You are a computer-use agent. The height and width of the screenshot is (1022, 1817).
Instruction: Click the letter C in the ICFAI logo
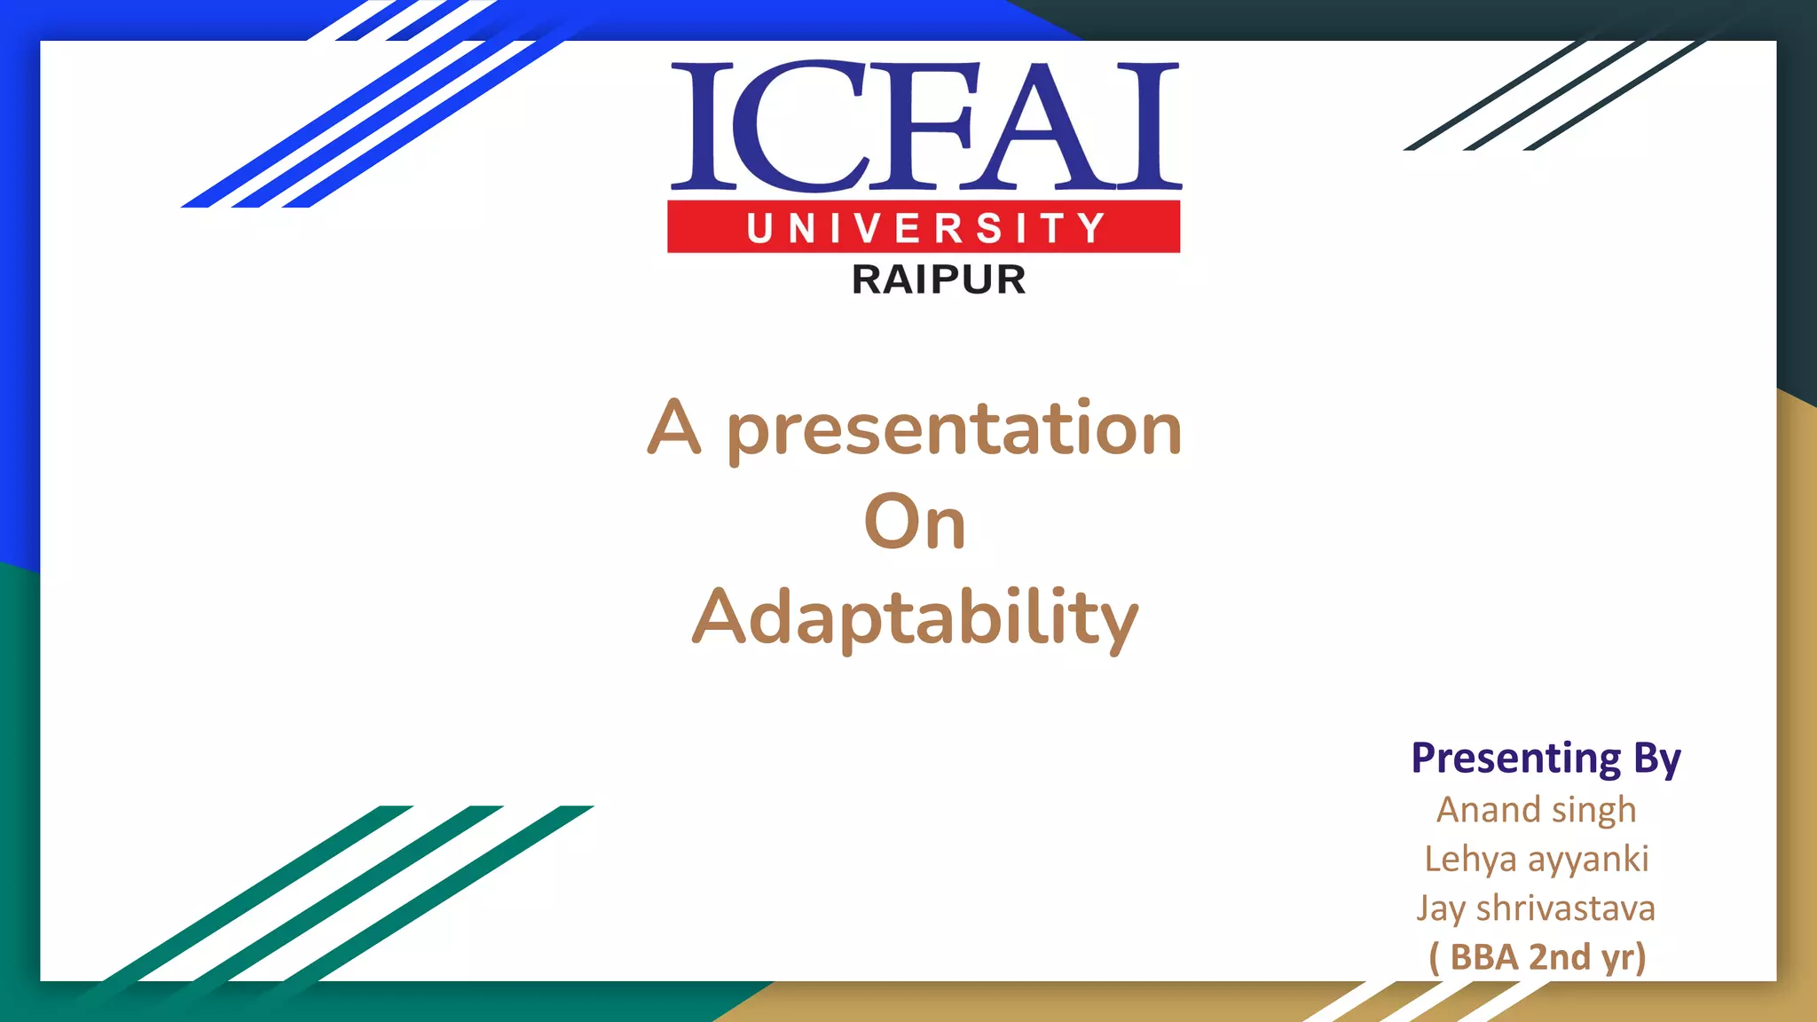pos(798,126)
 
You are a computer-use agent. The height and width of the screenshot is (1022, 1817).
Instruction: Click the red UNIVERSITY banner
pos(924,227)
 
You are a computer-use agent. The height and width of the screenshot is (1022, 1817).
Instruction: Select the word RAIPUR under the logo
pos(939,279)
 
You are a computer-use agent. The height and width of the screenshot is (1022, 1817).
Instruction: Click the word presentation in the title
pos(954,430)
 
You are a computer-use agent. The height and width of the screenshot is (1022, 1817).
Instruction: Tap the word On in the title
pos(914,523)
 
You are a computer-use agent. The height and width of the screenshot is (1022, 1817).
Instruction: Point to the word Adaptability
pos(914,618)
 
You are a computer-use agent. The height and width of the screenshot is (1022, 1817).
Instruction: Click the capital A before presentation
pos(674,428)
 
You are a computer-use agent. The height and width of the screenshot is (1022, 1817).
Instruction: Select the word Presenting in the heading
pos(1515,759)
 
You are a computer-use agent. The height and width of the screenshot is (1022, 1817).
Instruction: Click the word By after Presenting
pos(1656,759)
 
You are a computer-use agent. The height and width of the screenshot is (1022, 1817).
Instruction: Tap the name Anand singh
pos(1536,810)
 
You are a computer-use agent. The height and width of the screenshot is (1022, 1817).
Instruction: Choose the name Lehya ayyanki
pos(1536,859)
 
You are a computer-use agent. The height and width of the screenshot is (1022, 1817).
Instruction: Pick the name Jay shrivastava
pos(1536,908)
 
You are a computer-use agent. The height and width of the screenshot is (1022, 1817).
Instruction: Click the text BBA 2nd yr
pos(1538,957)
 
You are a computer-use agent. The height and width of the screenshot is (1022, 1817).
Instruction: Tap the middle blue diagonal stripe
pos(390,115)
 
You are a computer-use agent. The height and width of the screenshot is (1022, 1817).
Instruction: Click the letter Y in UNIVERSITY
pos(1092,228)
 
